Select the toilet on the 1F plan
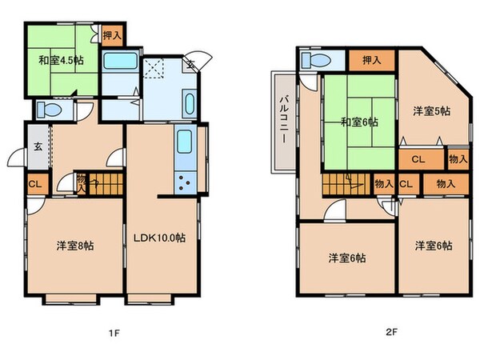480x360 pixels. (x=48, y=110)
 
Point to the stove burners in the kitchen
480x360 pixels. (x=184, y=182)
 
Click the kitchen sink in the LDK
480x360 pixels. (x=183, y=145)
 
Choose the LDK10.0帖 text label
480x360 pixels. (x=160, y=238)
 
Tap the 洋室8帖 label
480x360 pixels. (x=74, y=246)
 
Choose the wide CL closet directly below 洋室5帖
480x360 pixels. (x=418, y=159)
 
